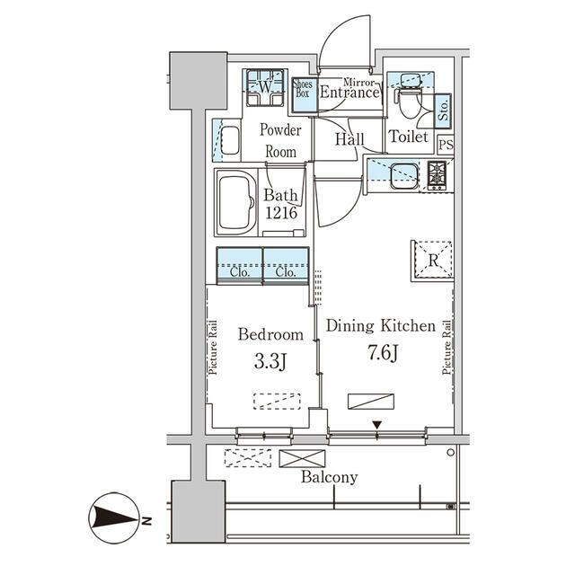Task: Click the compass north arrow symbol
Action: pos(115,517)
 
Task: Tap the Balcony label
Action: pos(329,477)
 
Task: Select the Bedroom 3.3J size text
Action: pos(270,362)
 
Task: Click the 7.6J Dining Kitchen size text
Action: pos(383,353)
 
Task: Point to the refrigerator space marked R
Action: pos(433,261)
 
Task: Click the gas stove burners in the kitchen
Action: pos(437,175)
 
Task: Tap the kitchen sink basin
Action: pos(404,175)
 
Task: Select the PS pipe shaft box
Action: pos(446,145)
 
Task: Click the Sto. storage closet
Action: pos(443,111)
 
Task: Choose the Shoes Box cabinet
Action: pos(304,94)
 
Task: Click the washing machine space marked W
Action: pos(265,87)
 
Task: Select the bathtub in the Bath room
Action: pos(236,202)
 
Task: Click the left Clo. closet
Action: pos(240,266)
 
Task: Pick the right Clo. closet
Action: pos(286,266)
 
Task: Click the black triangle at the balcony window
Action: pos(377,425)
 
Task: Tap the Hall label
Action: pos(349,139)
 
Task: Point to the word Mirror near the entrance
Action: pos(358,83)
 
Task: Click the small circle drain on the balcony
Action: pos(450,453)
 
